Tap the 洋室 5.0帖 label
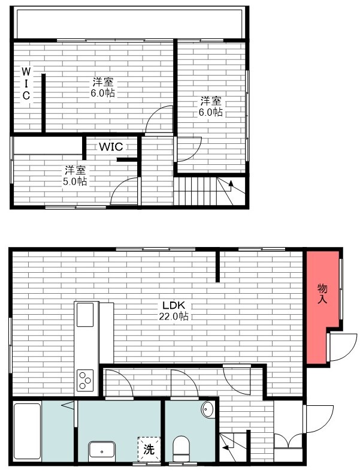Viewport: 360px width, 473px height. coord(75,175)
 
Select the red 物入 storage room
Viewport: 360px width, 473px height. coord(322,300)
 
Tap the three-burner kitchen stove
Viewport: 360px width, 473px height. coord(84,379)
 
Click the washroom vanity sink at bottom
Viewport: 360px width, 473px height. coord(103,450)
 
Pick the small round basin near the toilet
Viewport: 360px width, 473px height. coord(208,409)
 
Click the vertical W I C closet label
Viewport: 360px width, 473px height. coord(26,83)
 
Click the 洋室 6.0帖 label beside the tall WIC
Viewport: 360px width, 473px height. coord(103,88)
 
